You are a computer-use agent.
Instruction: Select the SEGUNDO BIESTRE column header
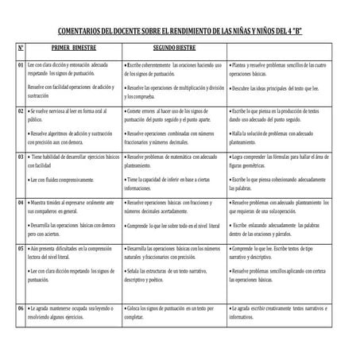click(x=175, y=48)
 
